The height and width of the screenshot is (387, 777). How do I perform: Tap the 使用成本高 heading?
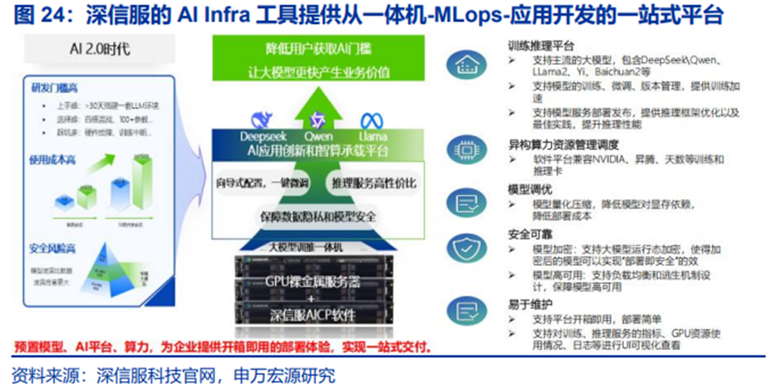pyautogui.click(x=55, y=159)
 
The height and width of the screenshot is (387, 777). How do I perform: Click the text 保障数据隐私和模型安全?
pyautogui.click(x=317, y=215)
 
